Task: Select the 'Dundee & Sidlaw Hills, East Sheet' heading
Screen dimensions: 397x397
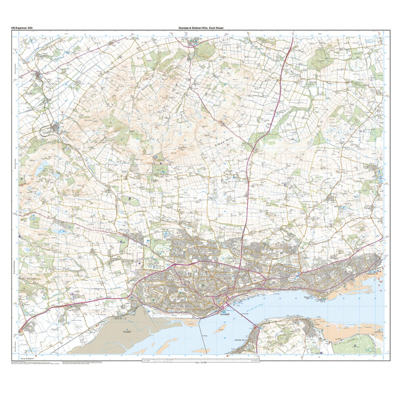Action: [201, 28]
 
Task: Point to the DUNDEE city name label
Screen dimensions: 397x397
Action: [225, 315]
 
